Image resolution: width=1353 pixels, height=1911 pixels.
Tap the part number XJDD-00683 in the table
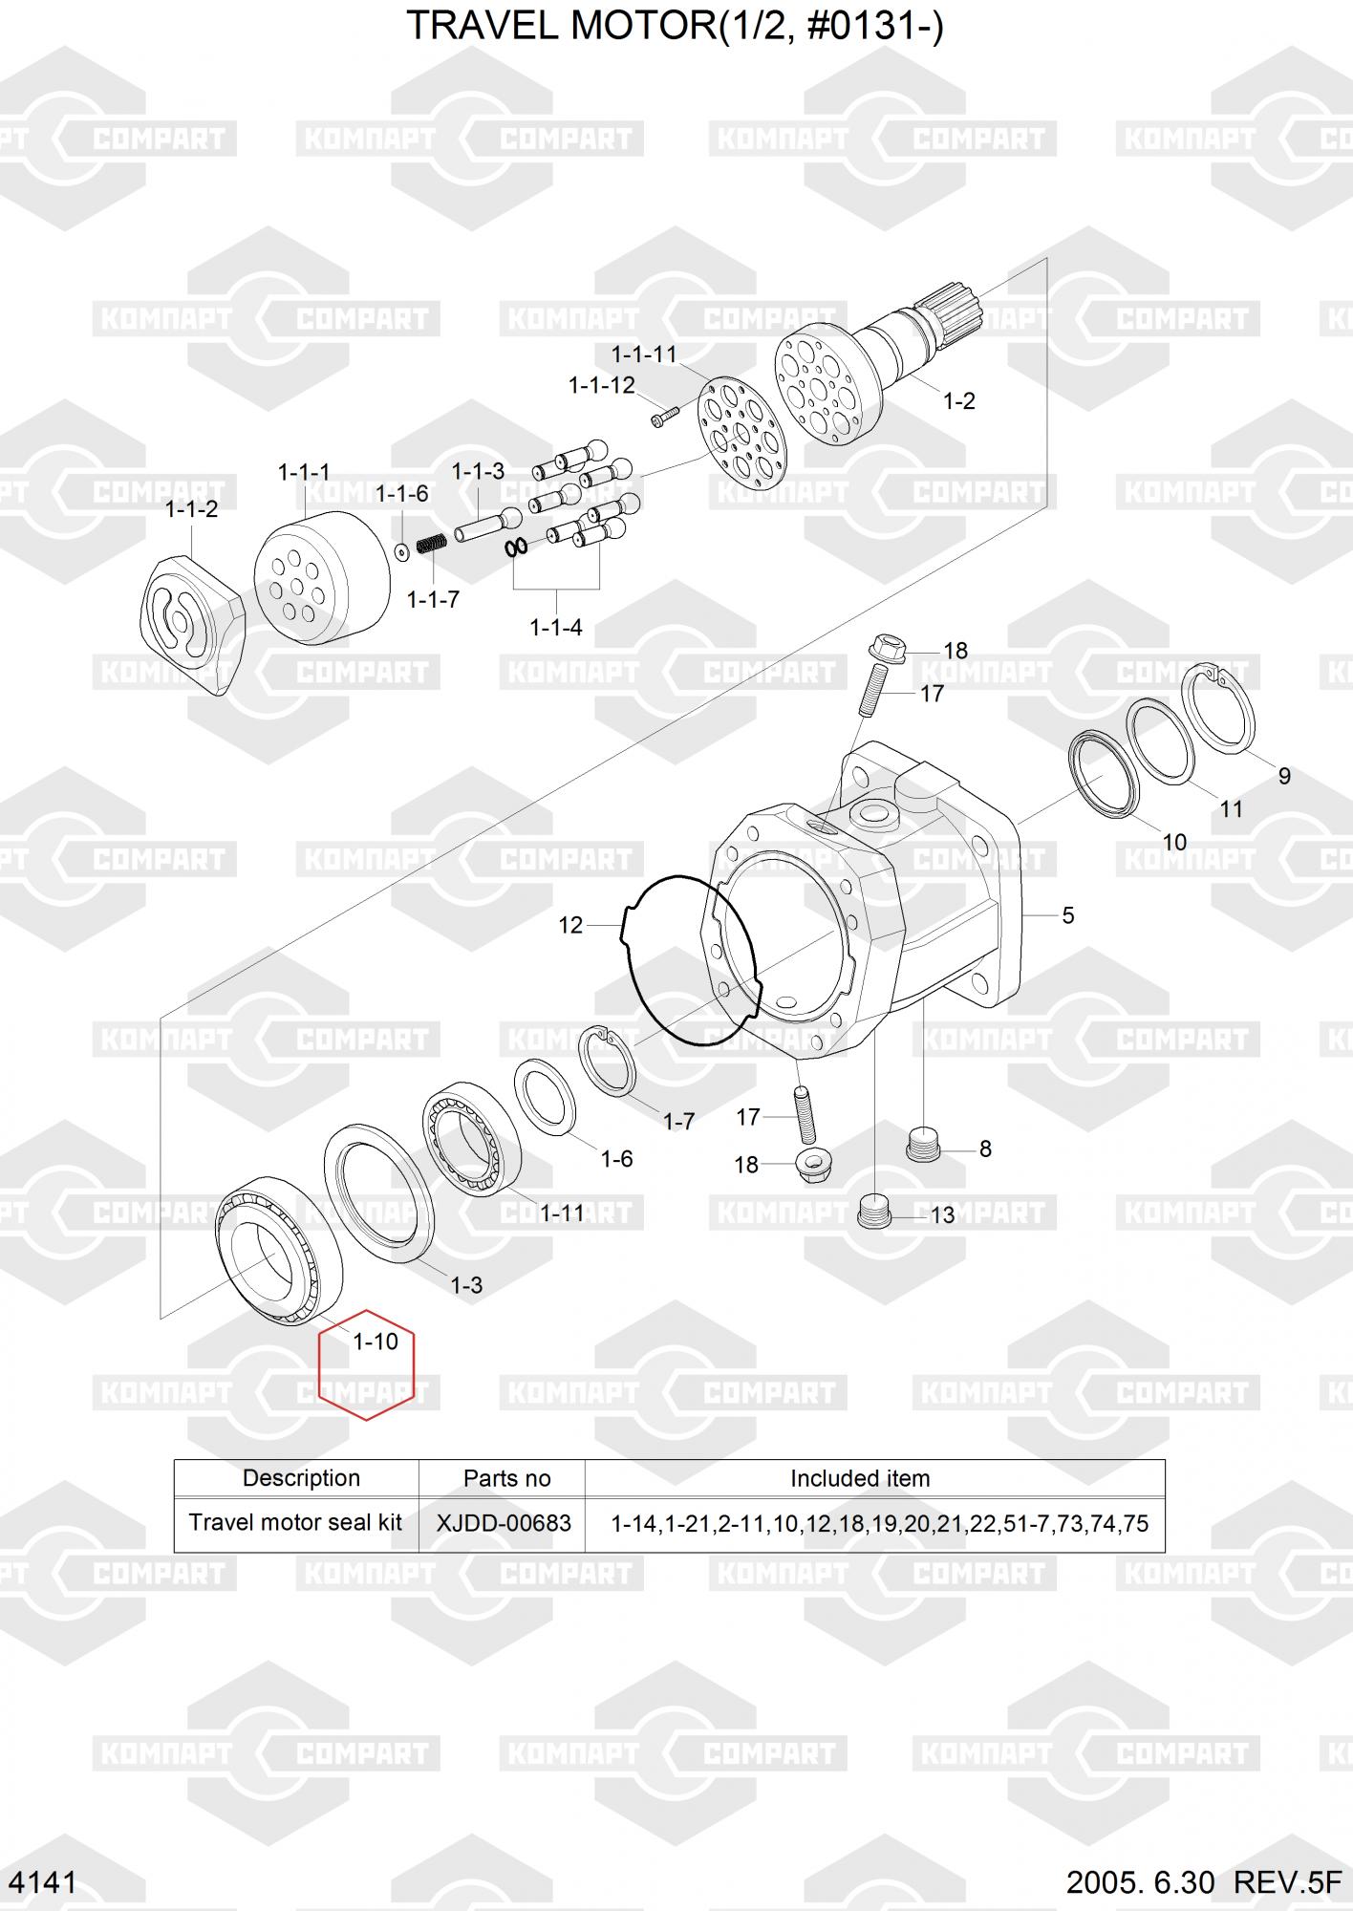pos(504,1523)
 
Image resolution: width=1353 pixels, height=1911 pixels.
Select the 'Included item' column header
pos(860,1479)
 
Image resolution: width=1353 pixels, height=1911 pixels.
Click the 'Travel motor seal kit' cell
pos(295,1523)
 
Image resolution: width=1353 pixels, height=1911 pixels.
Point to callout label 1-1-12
pos(602,385)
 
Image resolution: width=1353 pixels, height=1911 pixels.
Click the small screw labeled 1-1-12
pos(664,417)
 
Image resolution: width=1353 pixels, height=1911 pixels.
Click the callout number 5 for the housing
pos(1068,915)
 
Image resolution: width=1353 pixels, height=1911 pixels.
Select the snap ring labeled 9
pos(1218,709)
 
